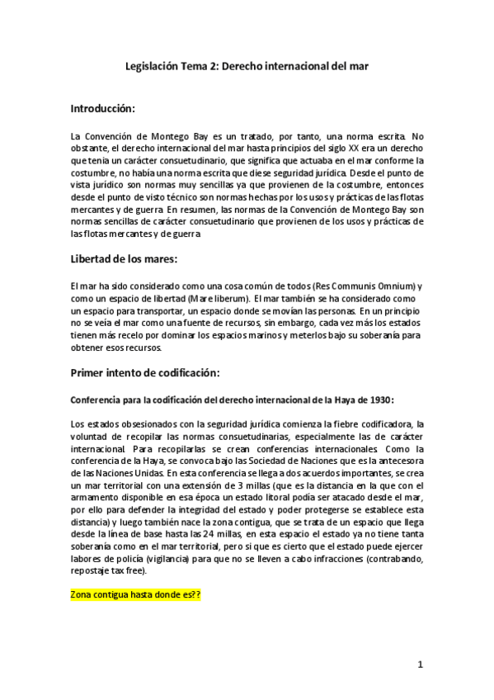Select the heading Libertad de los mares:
click(x=124, y=259)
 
